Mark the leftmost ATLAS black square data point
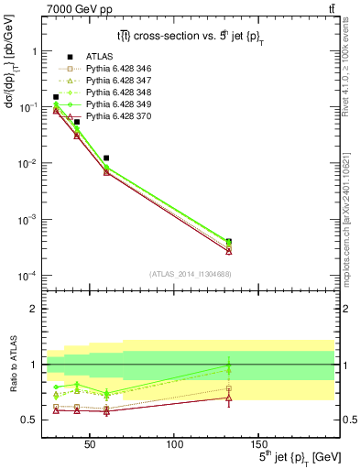(x=56, y=97)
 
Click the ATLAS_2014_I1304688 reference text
(x=190, y=274)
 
